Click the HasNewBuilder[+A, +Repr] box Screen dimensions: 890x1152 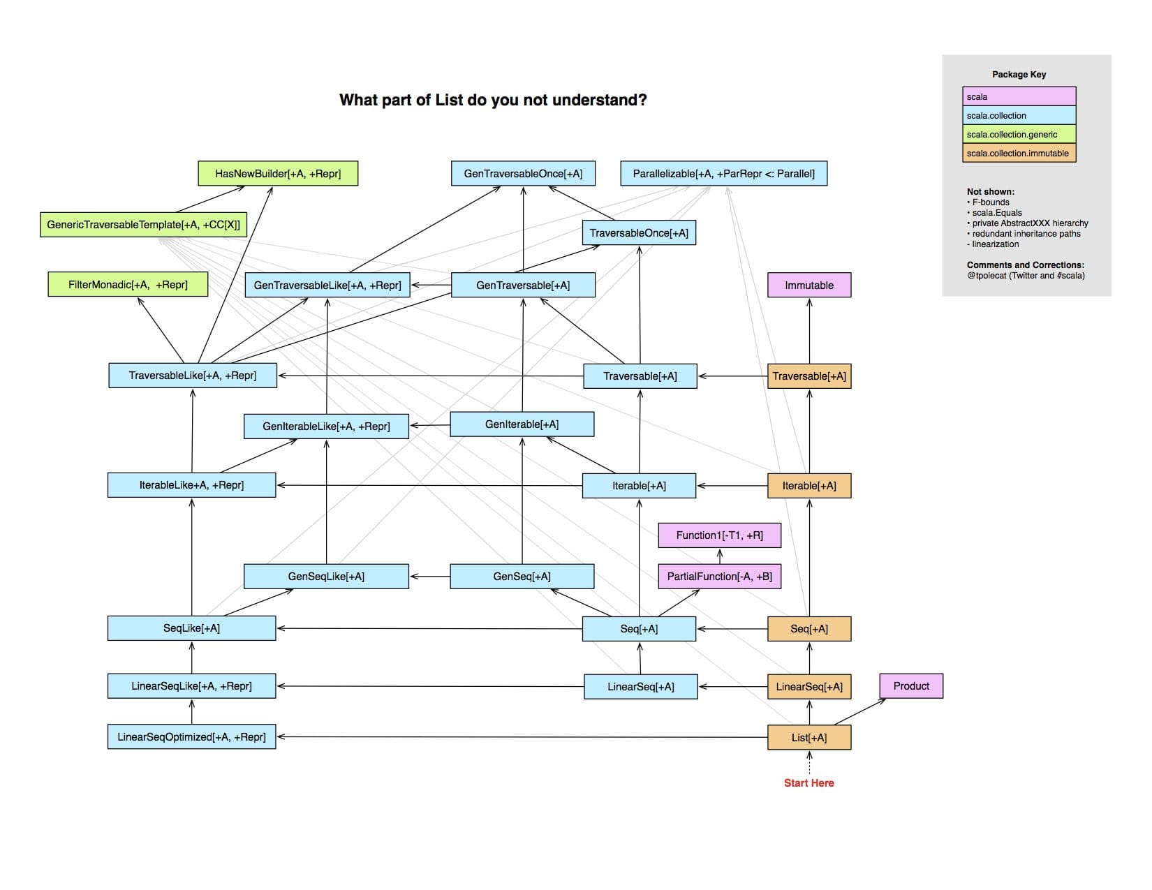coord(278,174)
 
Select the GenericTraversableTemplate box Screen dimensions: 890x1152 coord(144,225)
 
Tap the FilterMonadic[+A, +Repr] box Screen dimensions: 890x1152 coord(128,285)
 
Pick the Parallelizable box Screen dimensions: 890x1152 coord(723,174)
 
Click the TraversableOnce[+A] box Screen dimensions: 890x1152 coord(639,233)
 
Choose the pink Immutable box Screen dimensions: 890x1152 coord(809,285)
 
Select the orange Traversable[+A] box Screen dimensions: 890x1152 coord(809,376)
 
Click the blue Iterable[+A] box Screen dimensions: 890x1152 coord(639,486)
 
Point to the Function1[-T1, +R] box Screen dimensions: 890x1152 coord(719,535)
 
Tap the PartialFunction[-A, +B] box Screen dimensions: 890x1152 coord(719,577)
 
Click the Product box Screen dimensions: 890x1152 coord(911,686)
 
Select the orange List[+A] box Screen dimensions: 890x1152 coord(809,738)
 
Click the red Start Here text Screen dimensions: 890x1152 coord(808,783)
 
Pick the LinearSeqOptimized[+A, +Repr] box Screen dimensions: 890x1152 coord(191,737)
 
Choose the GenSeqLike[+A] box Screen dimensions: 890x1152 coord(326,577)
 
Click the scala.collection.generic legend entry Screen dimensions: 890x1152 coord(1019,135)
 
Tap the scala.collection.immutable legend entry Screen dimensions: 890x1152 coord(1019,154)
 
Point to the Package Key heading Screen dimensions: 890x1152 coord(1019,75)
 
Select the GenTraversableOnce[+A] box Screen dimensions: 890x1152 coord(523,174)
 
